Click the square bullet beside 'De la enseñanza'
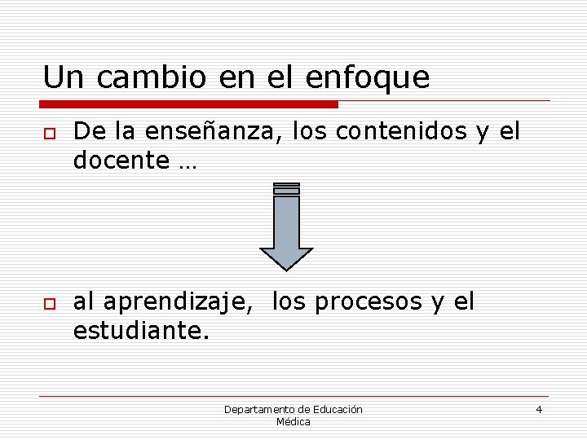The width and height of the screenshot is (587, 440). tap(50, 133)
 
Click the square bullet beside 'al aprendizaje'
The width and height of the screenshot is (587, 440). tap(50, 304)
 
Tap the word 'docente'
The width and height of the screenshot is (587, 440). tap(121, 161)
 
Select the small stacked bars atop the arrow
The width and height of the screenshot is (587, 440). tap(286, 188)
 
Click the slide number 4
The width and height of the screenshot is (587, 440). tap(539, 409)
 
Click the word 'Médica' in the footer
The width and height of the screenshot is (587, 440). tap(293, 422)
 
